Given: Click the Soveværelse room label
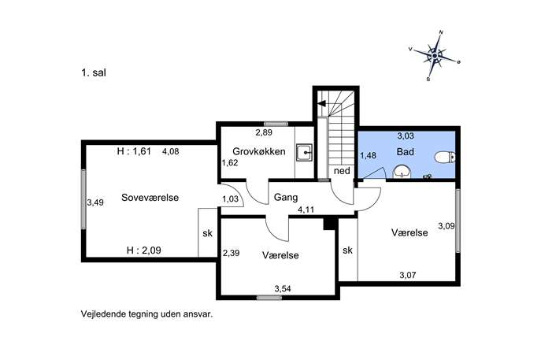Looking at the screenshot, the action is tap(150, 198).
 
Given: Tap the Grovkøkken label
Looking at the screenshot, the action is tap(259, 151).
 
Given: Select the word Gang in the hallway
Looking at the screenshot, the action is tap(286, 198).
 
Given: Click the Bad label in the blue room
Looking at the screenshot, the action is tap(405, 151).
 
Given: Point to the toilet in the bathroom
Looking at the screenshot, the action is tap(445, 158).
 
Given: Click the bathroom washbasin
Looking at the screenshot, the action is tap(402, 172).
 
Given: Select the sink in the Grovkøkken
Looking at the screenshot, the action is tap(304, 152).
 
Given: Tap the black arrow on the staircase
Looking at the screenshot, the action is tap(321, 103).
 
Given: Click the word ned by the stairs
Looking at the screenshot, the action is tap(342, 171).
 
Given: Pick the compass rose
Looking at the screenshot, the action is tap(435, 56).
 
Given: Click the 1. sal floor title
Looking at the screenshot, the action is tap(94, 72).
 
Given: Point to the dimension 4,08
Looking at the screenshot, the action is tap(170, 151).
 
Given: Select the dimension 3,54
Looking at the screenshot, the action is tap(283, 288).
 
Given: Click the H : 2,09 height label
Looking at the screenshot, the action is tap(144, 251).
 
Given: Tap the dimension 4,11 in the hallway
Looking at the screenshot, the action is tap(306, 210).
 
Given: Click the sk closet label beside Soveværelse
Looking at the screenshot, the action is tap(207, 233).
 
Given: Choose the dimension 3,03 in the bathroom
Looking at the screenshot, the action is tap(406, 136).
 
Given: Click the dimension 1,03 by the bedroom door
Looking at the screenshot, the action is tap(231, 199).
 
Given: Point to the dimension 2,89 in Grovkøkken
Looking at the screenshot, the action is tap(264, 132).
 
